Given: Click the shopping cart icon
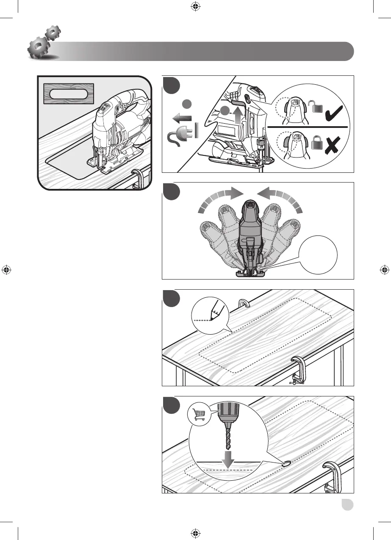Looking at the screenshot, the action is click(199, 413).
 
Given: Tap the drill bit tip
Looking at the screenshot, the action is click(228, 449).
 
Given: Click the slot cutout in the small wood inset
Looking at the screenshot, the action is click(68, 94).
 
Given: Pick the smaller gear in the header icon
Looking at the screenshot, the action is click(53, 33).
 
